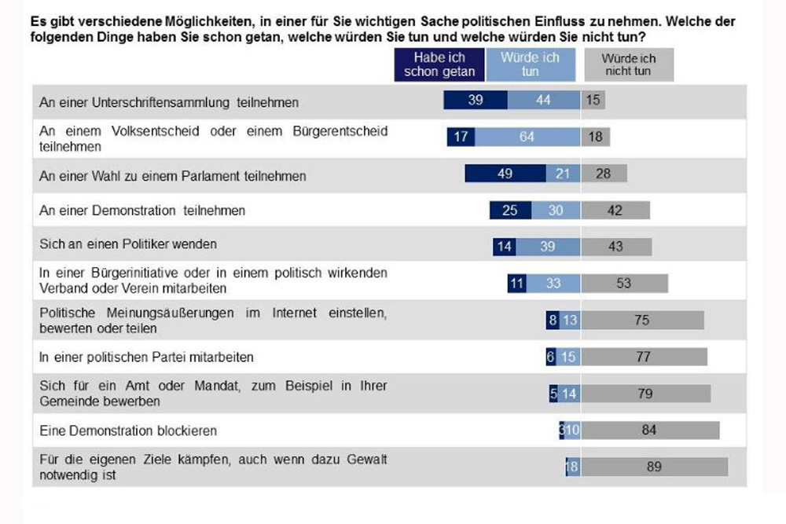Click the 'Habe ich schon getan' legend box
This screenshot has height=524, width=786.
point(439,64)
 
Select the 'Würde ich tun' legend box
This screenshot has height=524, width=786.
point(531,64)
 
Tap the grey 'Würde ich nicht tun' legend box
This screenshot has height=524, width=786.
point(628,64)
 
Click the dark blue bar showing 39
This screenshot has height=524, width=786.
point(476,101)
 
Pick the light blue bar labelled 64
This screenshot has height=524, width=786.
point(526,137)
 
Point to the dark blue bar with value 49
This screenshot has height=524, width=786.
point(505,174)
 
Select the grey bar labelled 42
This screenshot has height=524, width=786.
point(615,211)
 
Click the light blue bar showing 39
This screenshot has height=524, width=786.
point(547,247)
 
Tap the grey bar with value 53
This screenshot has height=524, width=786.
point(624,283)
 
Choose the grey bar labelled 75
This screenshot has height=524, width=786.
point(642,320)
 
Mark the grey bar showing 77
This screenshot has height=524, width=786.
point(644,357)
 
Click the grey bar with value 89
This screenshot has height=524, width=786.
point(654,467)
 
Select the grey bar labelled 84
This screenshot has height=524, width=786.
point(650,431)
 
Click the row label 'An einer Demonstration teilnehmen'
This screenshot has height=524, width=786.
point(142,211)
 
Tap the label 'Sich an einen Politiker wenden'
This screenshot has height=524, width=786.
point(127,245)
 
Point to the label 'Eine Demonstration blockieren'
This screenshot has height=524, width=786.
point(128,431)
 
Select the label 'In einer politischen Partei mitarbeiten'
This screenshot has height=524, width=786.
point(146,357)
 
